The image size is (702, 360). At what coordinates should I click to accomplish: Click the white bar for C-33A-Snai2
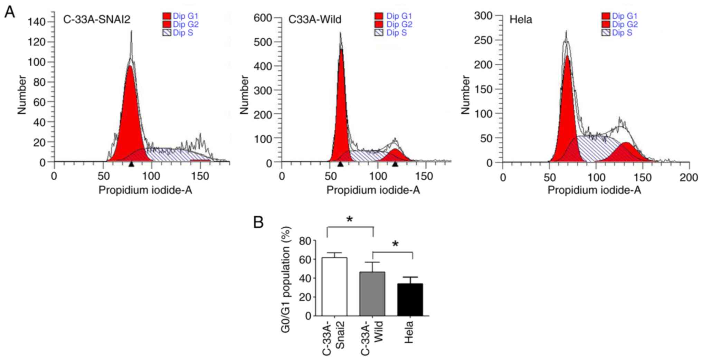334,287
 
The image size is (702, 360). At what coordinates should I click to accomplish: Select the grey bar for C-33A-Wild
372,294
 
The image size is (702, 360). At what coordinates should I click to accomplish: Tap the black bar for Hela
410,300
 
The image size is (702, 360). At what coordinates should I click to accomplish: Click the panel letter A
10,12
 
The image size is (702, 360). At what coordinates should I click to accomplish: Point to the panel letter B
258,222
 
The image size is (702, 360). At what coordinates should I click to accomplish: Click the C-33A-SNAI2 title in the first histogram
97,19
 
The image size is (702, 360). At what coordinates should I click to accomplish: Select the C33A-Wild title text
315,19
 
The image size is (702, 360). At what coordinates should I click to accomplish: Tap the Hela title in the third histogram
521,19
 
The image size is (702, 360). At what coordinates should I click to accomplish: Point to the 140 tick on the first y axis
37,22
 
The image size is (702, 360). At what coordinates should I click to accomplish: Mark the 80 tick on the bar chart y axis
305,240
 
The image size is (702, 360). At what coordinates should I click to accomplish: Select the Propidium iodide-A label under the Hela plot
594,190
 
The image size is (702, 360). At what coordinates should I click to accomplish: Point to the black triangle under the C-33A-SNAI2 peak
131,164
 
